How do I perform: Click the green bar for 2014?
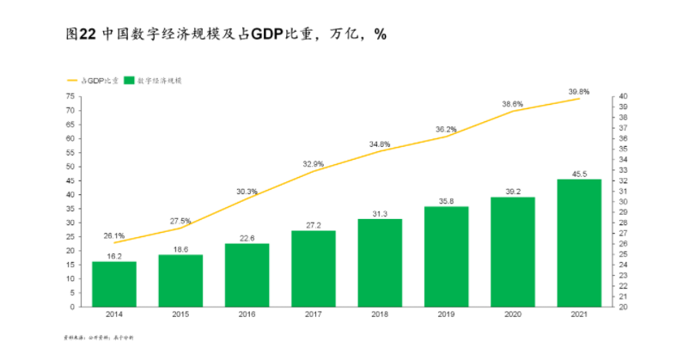(114, 284)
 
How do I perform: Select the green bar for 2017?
(313, 268)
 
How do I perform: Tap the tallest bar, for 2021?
(578, 242)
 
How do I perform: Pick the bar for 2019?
(446, 256)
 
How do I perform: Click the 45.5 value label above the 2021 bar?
(578, 174)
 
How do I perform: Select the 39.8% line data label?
(578, 91)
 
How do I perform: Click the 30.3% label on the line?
(247, 192)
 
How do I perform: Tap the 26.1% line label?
(114, 235)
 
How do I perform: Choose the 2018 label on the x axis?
(380, 315)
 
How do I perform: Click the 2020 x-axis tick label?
(512, 315)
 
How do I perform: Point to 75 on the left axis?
(70, 96)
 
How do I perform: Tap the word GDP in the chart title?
(259, 35)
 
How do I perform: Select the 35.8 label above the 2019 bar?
(446, 201)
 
